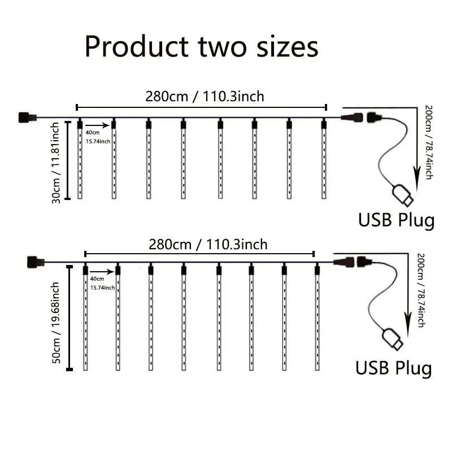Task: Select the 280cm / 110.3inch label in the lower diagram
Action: (207, 245)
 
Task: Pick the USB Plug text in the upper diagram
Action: (397, 219)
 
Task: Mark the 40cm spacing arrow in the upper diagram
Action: (97, 125)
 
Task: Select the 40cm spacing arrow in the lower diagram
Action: (103, 271)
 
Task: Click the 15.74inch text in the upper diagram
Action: (98, 141)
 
